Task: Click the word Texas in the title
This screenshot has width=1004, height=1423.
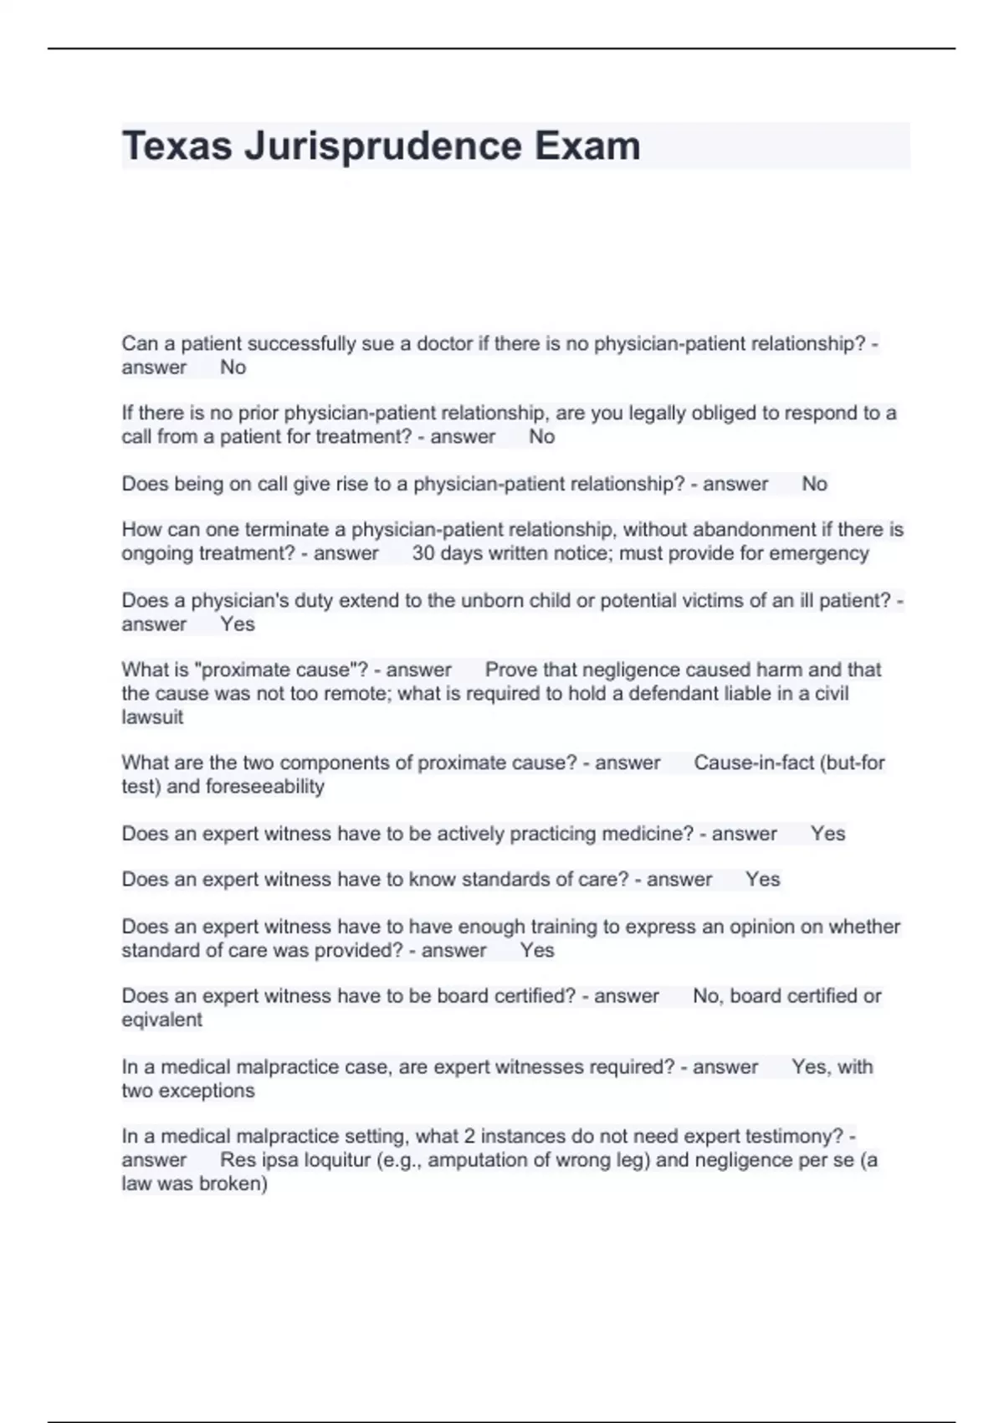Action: point(177,146)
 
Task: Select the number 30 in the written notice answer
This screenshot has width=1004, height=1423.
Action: point(423,553)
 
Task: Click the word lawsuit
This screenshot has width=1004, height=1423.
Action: point(152,717)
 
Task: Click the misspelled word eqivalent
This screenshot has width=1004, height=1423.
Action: point(161,1020)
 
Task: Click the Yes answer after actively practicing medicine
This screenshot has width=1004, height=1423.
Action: point(827,834)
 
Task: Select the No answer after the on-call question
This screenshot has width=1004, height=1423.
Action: point(814,484)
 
